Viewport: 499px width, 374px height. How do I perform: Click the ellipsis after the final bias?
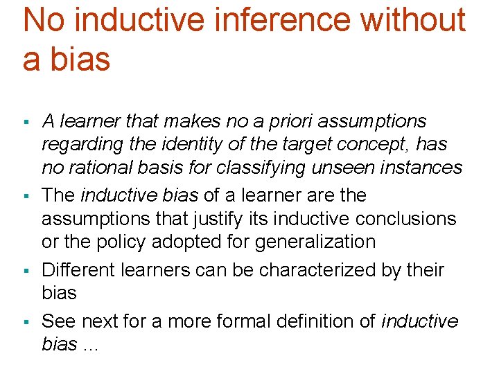pos(91,346)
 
